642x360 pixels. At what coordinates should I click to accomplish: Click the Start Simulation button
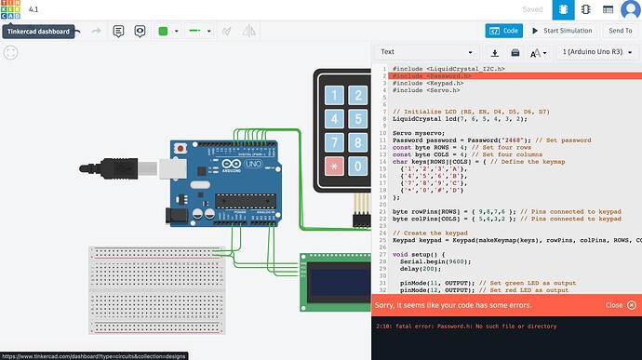tap(562, 31)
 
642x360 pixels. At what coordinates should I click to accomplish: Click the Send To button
tap(620, 31)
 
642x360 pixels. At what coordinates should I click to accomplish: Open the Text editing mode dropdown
tap(428, 52)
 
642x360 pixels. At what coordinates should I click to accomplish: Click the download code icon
tap(494, 52)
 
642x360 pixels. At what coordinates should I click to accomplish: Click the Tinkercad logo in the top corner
tap(13, 10)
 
